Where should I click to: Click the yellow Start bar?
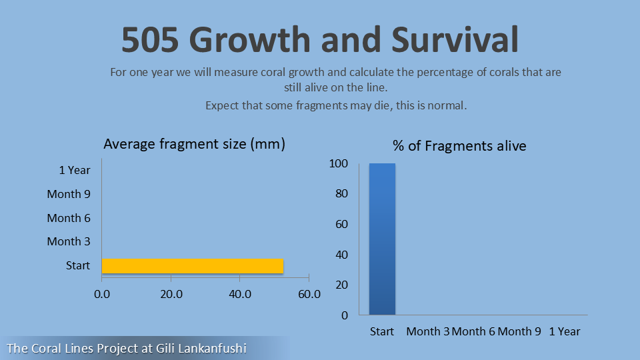coord(192,266)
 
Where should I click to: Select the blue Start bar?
coord(382,239)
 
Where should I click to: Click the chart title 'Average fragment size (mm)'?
coord(194,144)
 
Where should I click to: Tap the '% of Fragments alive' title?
coord(459,146)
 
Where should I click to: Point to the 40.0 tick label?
coord(240,294)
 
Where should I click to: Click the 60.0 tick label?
coord(309,294)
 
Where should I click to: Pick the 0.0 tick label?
coord(102,294)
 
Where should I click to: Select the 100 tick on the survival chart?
coord(339,163)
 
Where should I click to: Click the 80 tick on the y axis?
coord(341,193)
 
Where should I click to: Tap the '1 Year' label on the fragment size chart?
coord(74,170)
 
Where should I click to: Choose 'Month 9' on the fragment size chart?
coord(69,194)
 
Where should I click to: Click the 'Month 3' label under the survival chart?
coord(428,331)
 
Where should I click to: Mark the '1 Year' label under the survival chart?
coord(565,331)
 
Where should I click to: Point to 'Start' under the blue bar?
coord(382,331)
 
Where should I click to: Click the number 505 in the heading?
coord(150,39)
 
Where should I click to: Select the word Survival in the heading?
coord(455,39)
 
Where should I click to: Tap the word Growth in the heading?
coord(250,39)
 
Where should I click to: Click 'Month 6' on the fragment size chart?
coord(69,218)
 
